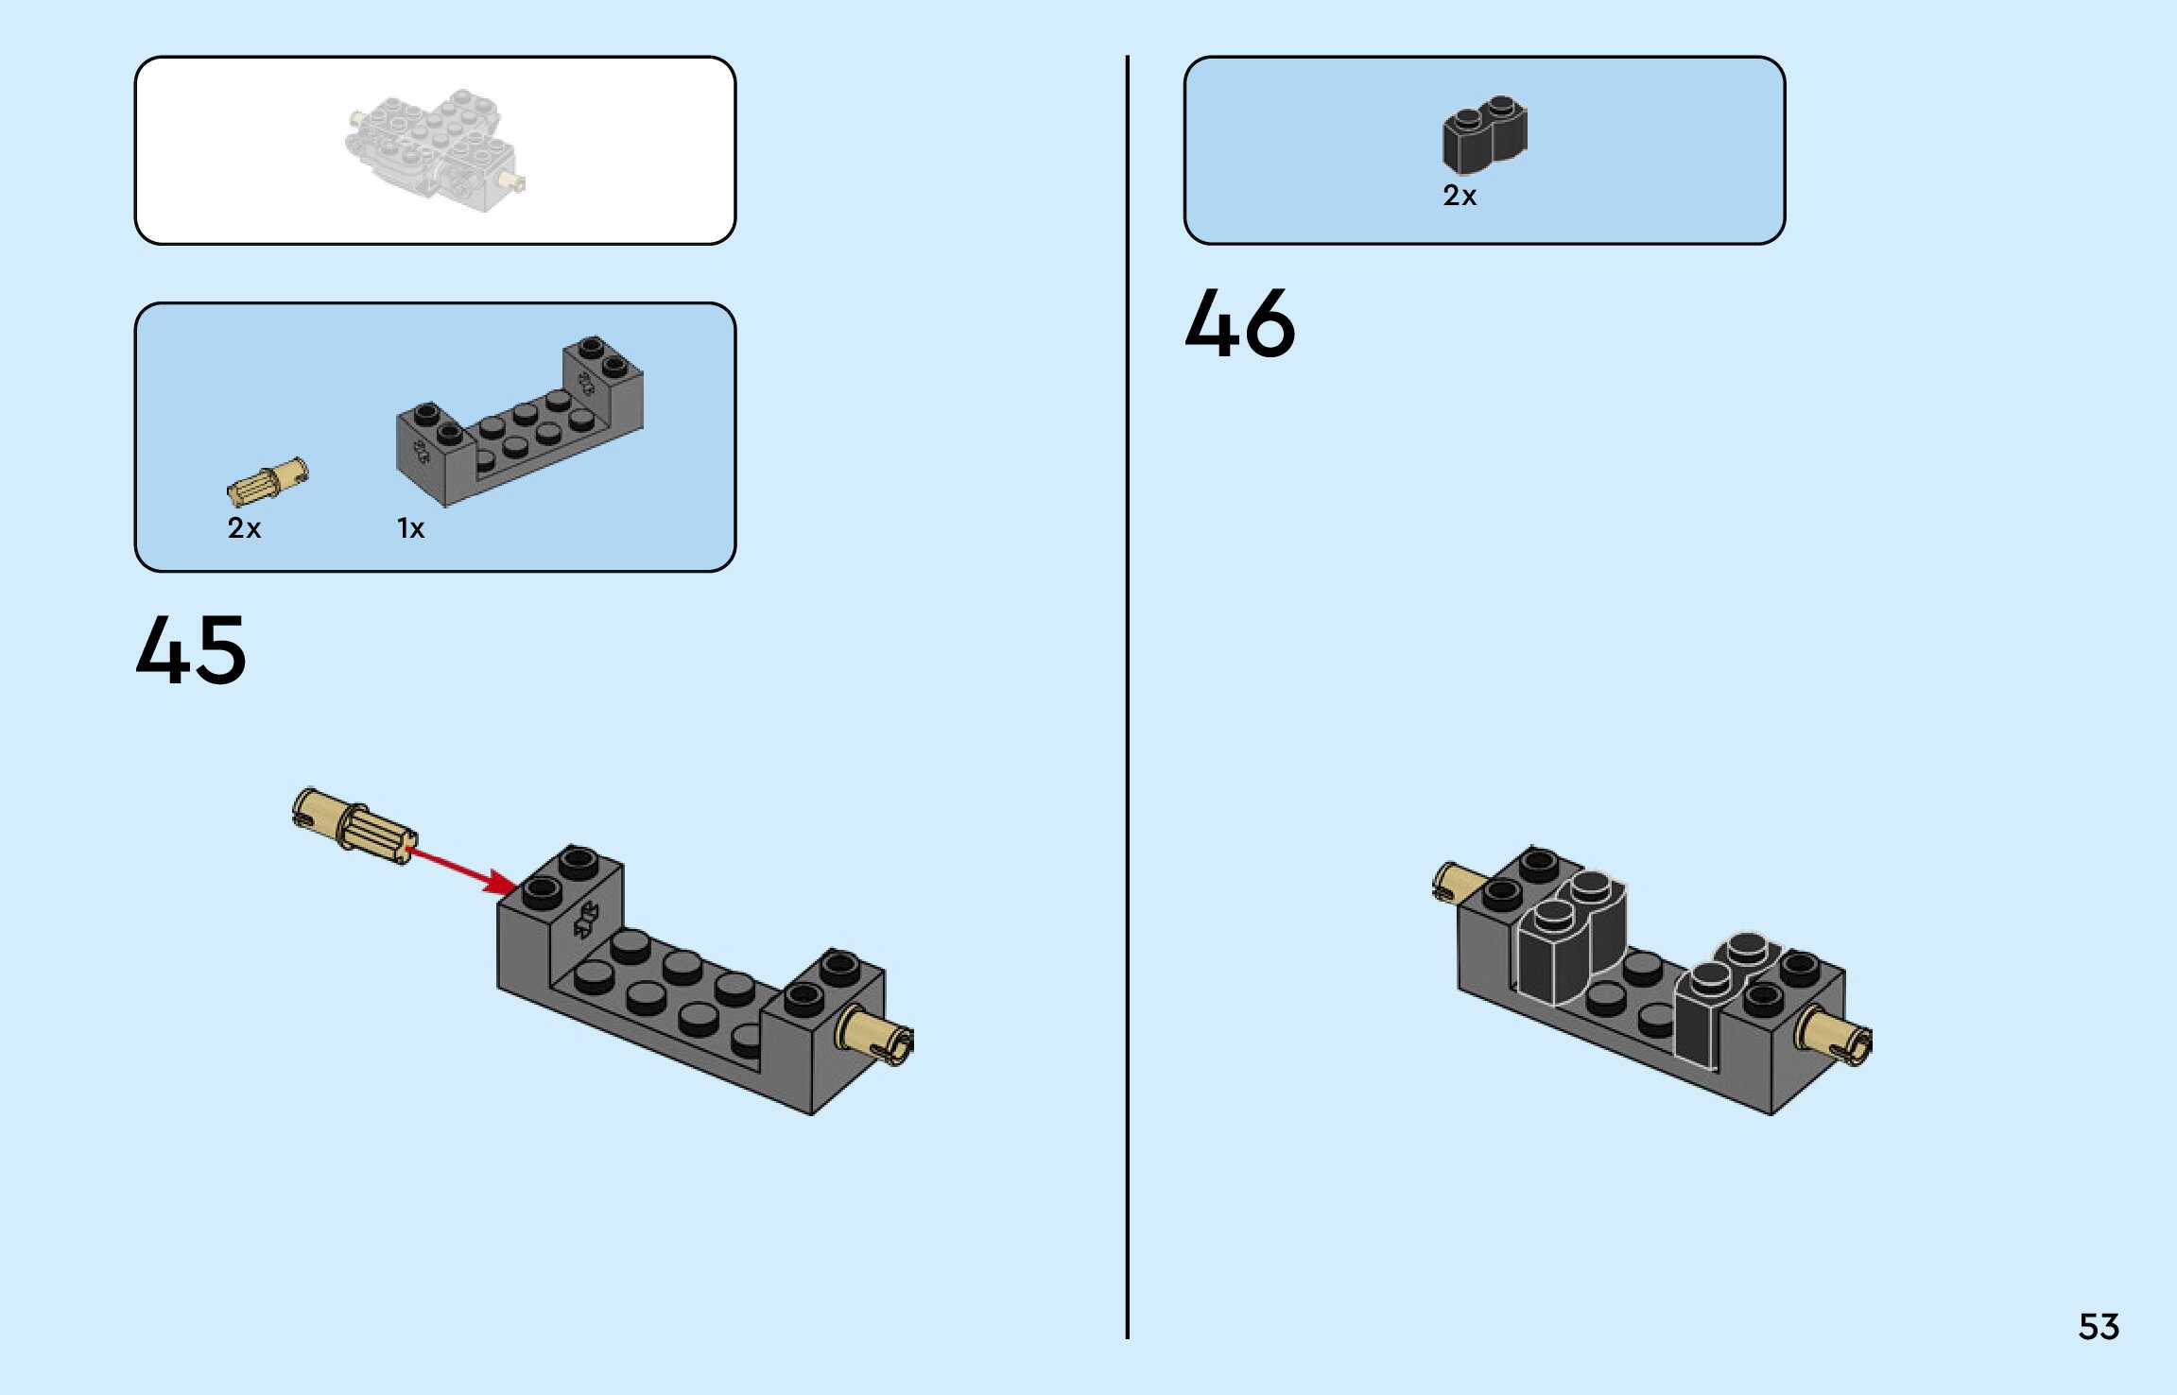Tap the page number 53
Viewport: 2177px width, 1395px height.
pyautogui.click(x=2099, y=1326)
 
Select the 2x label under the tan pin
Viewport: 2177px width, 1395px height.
pyautogui.click(x=244, y=527)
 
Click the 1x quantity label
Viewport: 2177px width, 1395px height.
pyautogui.click(x=410, y=528)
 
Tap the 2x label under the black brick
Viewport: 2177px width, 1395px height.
pyautogui.click(x=1459, y=196)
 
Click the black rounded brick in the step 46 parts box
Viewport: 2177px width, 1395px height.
pyautogui.click(x=1484, y=135)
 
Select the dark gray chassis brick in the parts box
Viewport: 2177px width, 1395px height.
pyautogui.click(x=519, y=422)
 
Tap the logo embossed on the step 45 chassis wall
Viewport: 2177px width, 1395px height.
pyautogui.click(x=587, y=919)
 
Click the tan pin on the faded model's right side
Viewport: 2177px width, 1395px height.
pyautogui.click(x=515, y=181)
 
